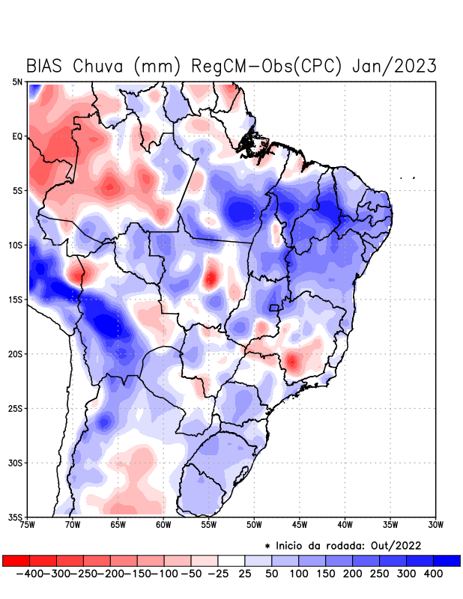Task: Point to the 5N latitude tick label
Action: click(x=17, y=82)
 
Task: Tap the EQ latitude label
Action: click(x=17, y=136)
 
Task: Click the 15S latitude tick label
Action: click(x=16, y=299)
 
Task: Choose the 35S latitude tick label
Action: click(x=16, y=517)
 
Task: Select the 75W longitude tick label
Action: click(x=27, y=525)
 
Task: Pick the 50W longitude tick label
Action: click(x=254, y=525)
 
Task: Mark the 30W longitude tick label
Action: click(x=436, y=525)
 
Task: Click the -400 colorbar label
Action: click(x=28, y=573)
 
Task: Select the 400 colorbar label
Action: click(x=433, y=573)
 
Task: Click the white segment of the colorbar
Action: click(x=231, y=560)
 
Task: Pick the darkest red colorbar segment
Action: click(x=16, y=560)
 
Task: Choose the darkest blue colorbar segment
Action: click(x=447, y=560)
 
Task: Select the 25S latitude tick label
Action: click(x=16, y=408)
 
